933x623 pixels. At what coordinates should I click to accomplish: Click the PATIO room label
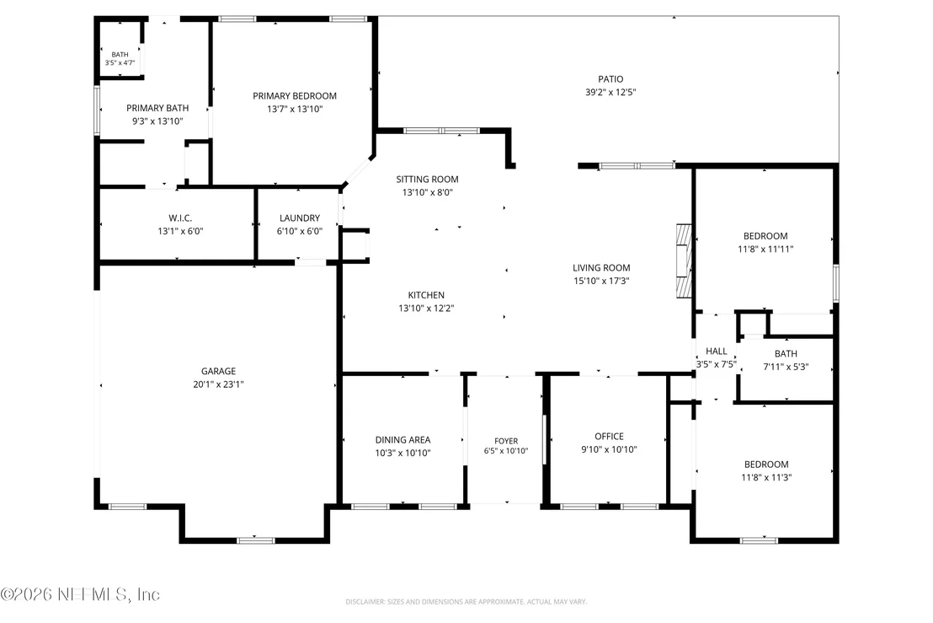pyautogui.click(x=610, y=79)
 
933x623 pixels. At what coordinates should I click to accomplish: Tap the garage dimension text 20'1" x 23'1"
pyautogui.click(x=218, y=384)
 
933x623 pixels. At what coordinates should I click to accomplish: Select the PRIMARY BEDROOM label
pyautogui.click(x=295, y=96)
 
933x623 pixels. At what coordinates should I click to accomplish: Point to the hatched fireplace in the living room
pyautogui.click(x=685, y=260)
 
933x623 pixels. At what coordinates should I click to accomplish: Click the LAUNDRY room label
pyautogui.click(x=299, y=218)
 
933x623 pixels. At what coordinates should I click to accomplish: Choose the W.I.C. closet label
pyautogui.click(x=180, y=218)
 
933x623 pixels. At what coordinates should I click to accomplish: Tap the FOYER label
pyautogui.click(x=506, y=441)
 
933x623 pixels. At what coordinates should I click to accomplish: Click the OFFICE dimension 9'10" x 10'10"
pyautogui.click(x=609, y=449)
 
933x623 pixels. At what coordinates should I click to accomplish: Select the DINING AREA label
pyautogui.click(x=403, y=439)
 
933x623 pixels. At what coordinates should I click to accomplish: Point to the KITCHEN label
pyautogui.click(x=426, y=295)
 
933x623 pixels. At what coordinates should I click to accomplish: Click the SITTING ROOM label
pyautogui.click(x=427, y=180)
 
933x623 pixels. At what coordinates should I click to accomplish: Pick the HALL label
pyautogui.click(x=717, y=352)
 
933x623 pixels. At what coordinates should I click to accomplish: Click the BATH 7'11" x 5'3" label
pyautogui.click(x=786, y=360)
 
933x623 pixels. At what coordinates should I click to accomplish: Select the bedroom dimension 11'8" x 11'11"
pyautogui.click(x=765, y=250)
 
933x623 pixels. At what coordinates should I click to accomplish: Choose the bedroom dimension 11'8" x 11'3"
pyautogui.click(x=766, y=478)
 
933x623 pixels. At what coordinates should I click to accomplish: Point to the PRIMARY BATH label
pyautogui.click(x=157, y=108)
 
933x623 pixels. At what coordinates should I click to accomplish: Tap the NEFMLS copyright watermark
pyautogui.click(x=80, y=594)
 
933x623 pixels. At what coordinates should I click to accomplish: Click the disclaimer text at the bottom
pyautogui.click(x=466, y=602)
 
